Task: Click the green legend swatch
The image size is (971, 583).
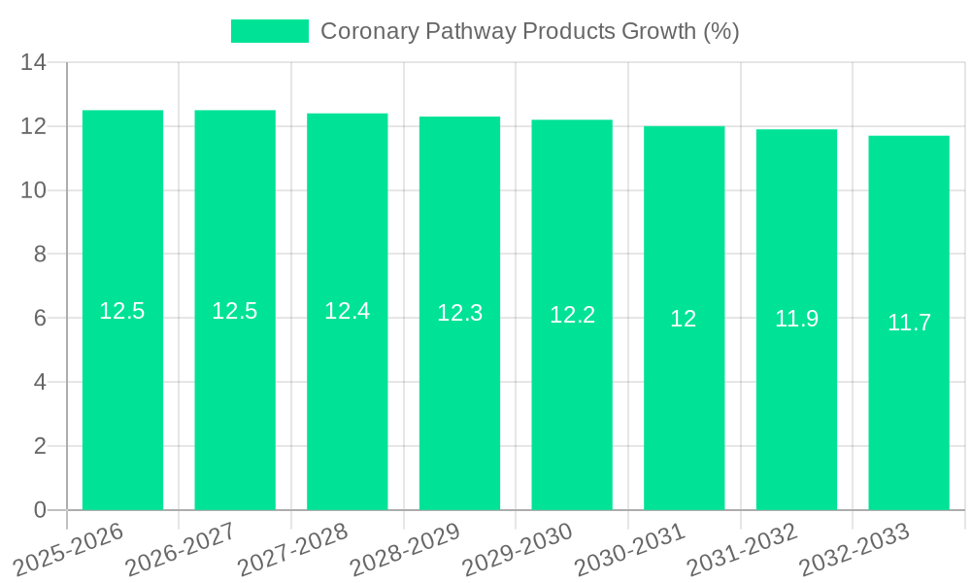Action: (x=269, y=31)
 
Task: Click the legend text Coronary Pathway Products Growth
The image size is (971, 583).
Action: (x=529, y=31)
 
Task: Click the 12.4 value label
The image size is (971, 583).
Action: (x=347, y=311)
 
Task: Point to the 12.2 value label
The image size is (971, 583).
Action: (x=572, y=315)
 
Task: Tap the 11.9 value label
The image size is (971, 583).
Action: (x=796, y=319)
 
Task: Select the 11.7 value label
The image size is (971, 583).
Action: (x=909, y=323)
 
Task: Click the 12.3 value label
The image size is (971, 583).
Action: (x=459, y=313)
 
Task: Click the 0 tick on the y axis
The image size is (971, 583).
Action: (x=40, y=510)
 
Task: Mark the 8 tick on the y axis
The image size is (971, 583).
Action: (x=40, y=255)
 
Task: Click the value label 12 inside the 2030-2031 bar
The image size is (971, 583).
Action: (x=684, y=318)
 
